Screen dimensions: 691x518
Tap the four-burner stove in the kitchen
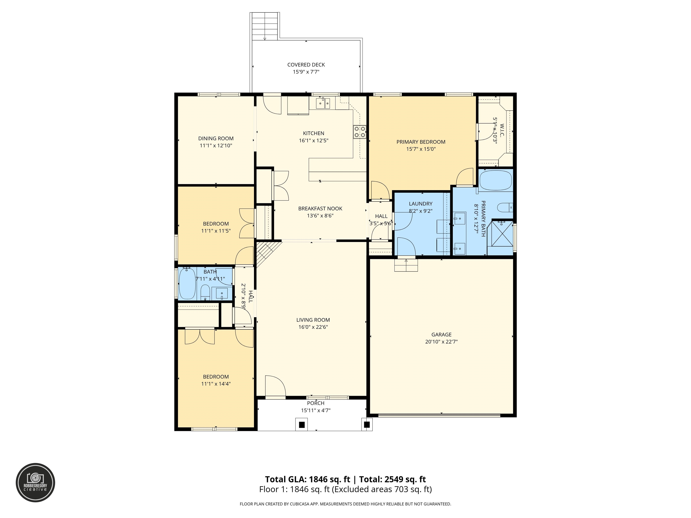pyautogui.click(x=359, y=132)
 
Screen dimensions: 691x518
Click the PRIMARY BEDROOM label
pyautogui.click(x=421, y=142)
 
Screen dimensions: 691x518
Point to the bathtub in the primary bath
pyautogui.click(x=496, y=181)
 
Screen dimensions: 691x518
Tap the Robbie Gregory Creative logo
pyautogui.click(x=36, y=482)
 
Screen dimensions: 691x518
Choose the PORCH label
pyautogui.click(x=316, y=403)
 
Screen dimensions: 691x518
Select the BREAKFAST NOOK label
pyautogui.click(x=320, y=209)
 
